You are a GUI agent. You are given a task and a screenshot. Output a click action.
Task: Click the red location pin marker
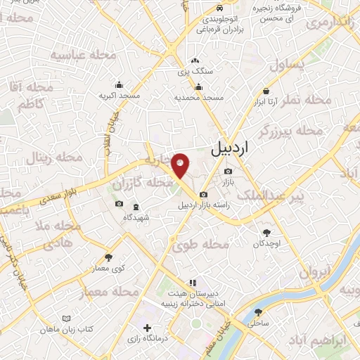pos(181,165)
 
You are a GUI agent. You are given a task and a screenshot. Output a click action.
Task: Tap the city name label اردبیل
pos(229,149)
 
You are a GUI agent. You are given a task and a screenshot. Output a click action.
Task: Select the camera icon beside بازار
pos(228,172)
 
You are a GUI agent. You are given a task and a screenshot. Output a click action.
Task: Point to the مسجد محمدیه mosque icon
pos(199,88)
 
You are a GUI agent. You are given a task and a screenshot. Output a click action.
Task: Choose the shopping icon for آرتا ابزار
pos(266,91)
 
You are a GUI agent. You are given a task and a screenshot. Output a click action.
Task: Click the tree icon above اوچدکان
pos(266,232)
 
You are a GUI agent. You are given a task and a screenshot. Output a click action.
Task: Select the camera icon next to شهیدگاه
pos(119,205)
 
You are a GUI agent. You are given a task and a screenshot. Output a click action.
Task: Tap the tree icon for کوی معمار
pos(108,258)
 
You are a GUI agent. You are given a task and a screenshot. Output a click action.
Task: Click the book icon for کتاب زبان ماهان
pos(67,319)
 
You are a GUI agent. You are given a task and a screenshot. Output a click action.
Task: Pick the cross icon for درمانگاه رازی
pos(147,328)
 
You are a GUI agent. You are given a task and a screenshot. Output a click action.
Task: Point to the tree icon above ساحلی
pos(254,313)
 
